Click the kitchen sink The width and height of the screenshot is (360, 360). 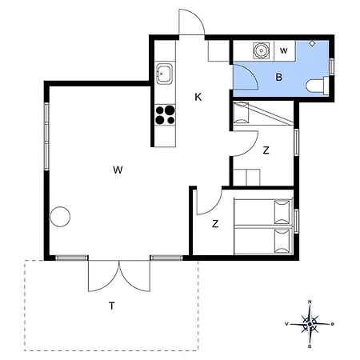164,74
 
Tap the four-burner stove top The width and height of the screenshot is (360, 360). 165,115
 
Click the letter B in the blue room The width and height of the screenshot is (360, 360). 279,78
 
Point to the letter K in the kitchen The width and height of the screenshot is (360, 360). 198,97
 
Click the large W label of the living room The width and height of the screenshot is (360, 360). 118,170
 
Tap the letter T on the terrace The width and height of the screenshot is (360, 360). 112,306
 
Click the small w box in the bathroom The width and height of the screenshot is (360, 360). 284,50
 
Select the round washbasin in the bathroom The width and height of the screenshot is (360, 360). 260,50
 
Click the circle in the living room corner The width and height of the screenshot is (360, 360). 60,217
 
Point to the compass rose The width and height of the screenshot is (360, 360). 310,324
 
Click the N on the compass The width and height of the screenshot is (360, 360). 310,302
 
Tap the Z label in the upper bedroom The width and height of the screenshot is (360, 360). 266,150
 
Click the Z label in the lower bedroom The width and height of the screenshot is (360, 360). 215,224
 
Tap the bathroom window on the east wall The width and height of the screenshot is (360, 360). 332,66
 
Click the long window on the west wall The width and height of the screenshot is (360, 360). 46,136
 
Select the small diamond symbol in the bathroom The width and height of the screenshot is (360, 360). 312,43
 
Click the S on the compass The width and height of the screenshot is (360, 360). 310,346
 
